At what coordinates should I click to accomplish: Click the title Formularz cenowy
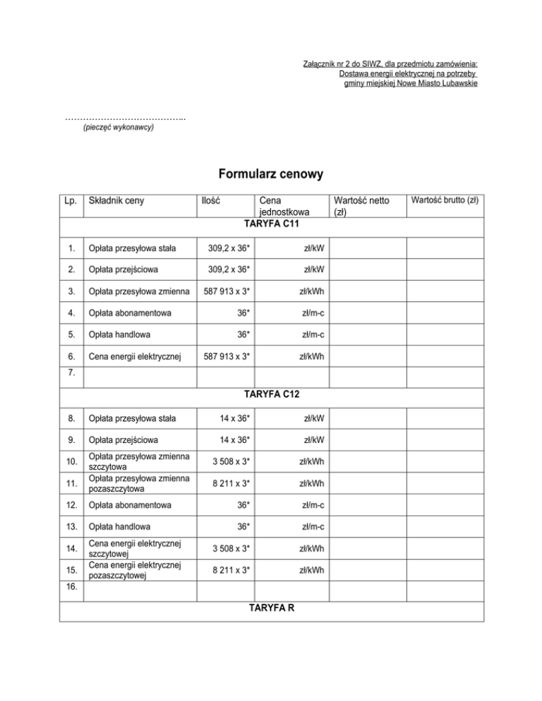pyautogui.click(x=270, y=173)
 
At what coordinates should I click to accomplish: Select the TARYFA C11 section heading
pyautogui.click(x=272, y=224)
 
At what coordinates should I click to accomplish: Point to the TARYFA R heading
pyautogui.click(x=272, y=608)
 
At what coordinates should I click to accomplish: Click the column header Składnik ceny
pyautogui.click(x=116, y=201)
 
